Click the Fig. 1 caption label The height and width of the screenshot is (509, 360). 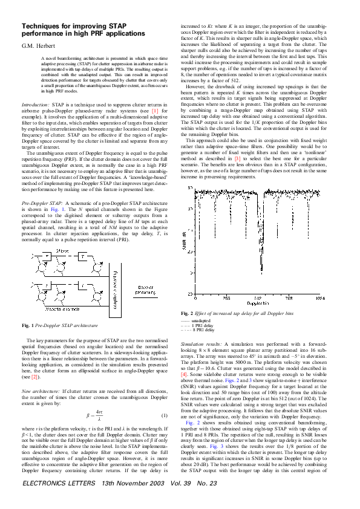tap(28, 325)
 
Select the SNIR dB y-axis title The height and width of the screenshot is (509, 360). tap(184, 242)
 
